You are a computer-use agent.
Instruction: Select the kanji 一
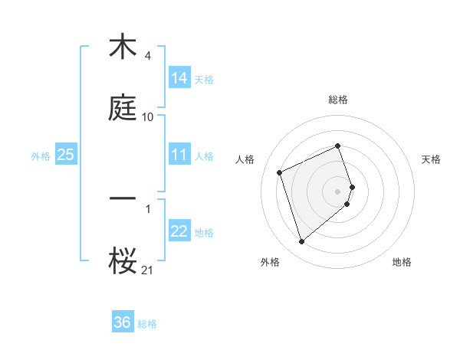123,198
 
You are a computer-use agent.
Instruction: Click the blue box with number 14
179,78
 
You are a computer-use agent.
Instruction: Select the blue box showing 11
179,155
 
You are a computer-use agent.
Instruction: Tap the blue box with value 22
179,231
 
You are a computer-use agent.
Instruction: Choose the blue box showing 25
66,155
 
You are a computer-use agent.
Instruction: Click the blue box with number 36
123,322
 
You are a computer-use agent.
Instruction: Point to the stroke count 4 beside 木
147,56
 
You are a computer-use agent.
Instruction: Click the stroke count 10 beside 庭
148,117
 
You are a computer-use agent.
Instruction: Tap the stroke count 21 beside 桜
148,270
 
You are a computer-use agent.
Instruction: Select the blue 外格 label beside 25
41,155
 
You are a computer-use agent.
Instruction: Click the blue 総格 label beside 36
147,323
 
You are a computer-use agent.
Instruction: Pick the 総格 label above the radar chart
338,100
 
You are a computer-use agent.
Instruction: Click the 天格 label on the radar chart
432,159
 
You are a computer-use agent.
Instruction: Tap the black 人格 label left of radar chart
245,159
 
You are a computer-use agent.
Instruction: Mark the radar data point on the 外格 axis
301,242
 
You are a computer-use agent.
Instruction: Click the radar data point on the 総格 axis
338,146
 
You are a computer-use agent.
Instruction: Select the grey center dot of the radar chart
338,191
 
